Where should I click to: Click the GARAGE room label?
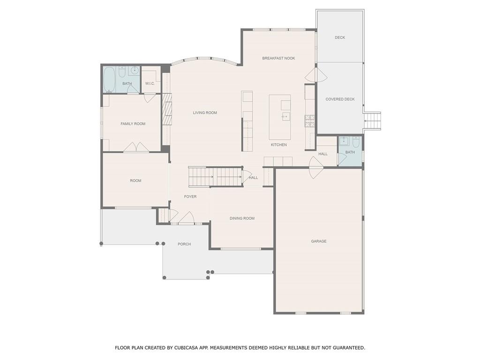(319, 241)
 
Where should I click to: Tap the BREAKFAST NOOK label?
(278, 58)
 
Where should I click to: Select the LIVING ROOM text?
(205, 112)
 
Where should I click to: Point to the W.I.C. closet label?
(150, 83)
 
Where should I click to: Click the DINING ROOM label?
(242, 218)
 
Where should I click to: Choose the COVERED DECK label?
(340, 99)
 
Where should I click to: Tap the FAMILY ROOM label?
(133, 124)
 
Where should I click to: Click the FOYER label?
(190, 196)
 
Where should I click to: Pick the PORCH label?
(184, 244)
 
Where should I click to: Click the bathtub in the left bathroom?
(109, 80)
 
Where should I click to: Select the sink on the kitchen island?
(285, 117)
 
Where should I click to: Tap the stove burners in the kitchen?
(309, 121)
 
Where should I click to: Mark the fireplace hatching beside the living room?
(167, 109)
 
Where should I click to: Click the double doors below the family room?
(136, 147)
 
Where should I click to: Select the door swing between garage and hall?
(315, 167)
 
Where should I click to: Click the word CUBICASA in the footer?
(186, 348)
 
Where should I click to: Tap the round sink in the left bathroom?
(135, 70)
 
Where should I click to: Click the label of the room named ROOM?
(135, 180)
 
